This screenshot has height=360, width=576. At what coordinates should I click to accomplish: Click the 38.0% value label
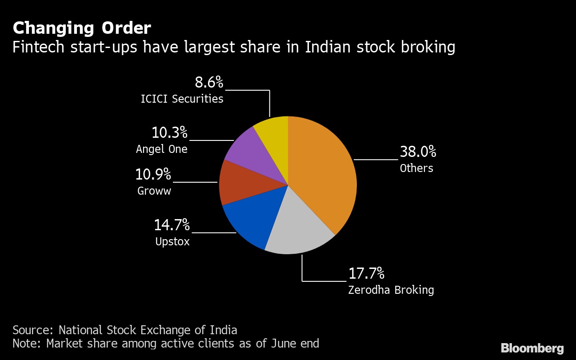pos(418,152)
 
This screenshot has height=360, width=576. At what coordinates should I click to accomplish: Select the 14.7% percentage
pos(172,225)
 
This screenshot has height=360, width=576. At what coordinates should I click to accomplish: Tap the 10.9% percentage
pos(153,175)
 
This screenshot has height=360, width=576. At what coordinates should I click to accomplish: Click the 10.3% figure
pos(169,132)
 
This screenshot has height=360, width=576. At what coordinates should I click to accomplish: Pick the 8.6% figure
pos(209,82)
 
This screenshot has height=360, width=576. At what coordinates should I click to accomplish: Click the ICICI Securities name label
pos(182,99)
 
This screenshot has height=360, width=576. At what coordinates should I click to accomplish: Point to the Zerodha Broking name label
pos(391,290)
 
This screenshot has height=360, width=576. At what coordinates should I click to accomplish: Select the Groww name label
pos(154,191)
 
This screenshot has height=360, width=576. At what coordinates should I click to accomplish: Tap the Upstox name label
pos(172,242)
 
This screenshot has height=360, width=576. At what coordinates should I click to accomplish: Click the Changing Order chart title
pos(82,28)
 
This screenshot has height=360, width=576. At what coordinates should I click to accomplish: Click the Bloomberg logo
pos(532,348)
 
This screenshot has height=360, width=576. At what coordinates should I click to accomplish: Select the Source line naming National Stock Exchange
pos(125,330)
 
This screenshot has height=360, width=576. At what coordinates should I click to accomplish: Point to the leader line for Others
pos(376,159)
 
